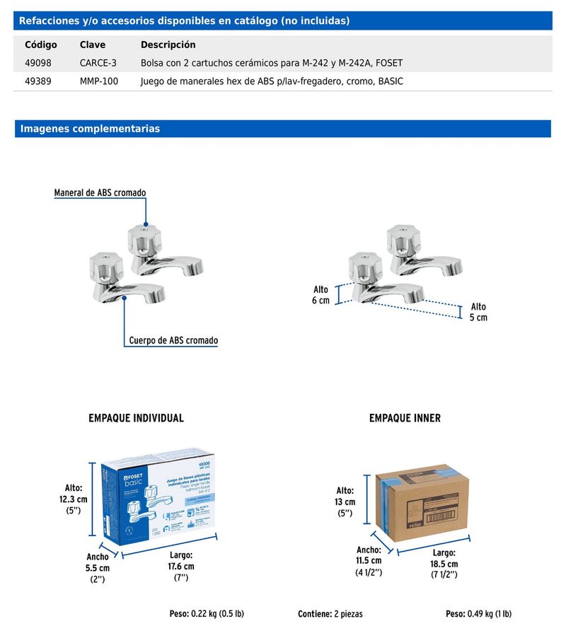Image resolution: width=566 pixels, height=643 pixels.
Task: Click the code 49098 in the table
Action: (x=37, y=63)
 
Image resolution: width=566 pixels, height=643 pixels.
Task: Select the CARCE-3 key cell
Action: (x=98, y=63)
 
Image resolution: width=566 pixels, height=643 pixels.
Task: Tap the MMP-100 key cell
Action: (x=99, y=81)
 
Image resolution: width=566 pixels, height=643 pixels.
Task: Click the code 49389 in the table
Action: (x=37, y=81)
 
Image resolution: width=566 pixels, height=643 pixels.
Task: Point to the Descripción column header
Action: (x=168, y=45)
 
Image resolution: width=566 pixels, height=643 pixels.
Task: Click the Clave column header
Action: (x=93, y=45)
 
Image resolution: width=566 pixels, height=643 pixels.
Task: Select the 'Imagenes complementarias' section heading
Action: (x=91, y=129)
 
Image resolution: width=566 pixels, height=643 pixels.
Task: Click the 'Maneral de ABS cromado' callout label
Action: (x=100, y=192)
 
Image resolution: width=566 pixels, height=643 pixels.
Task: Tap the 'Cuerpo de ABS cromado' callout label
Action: (x=173, y=340)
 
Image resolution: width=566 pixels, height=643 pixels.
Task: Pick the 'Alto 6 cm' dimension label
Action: (x=321, y=295)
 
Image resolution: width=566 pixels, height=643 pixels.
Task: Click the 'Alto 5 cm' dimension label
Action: (x=478, y=312)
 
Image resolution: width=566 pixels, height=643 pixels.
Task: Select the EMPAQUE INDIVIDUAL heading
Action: (x=136, y=418)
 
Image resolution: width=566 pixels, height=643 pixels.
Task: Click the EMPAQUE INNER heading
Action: (x=405, y=418)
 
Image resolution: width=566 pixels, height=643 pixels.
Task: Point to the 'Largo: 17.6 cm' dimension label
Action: (x=181, y=566)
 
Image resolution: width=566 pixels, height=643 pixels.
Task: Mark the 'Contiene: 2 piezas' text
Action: (x=330, y=613)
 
